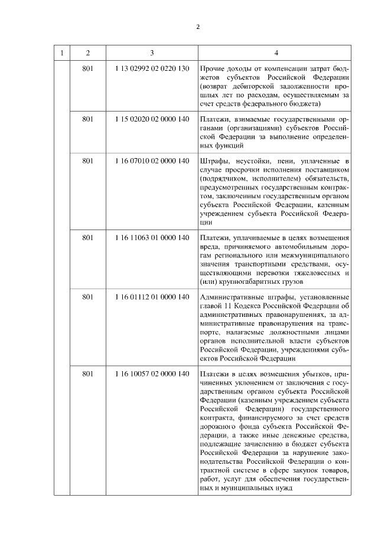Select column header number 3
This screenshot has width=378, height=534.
point(152,52)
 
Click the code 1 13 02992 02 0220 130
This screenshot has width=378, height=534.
point(152,69)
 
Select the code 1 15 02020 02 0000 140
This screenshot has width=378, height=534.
point(152,119)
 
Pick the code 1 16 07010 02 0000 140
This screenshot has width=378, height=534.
point(152,160)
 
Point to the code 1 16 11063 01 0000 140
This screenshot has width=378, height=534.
point(152,237)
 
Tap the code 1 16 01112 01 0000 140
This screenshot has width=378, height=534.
point(152,297)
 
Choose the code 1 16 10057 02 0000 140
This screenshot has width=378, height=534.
point(152,374)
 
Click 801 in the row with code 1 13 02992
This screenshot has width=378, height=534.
point(89,69)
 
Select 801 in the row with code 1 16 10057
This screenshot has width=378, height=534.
point(89,374)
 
